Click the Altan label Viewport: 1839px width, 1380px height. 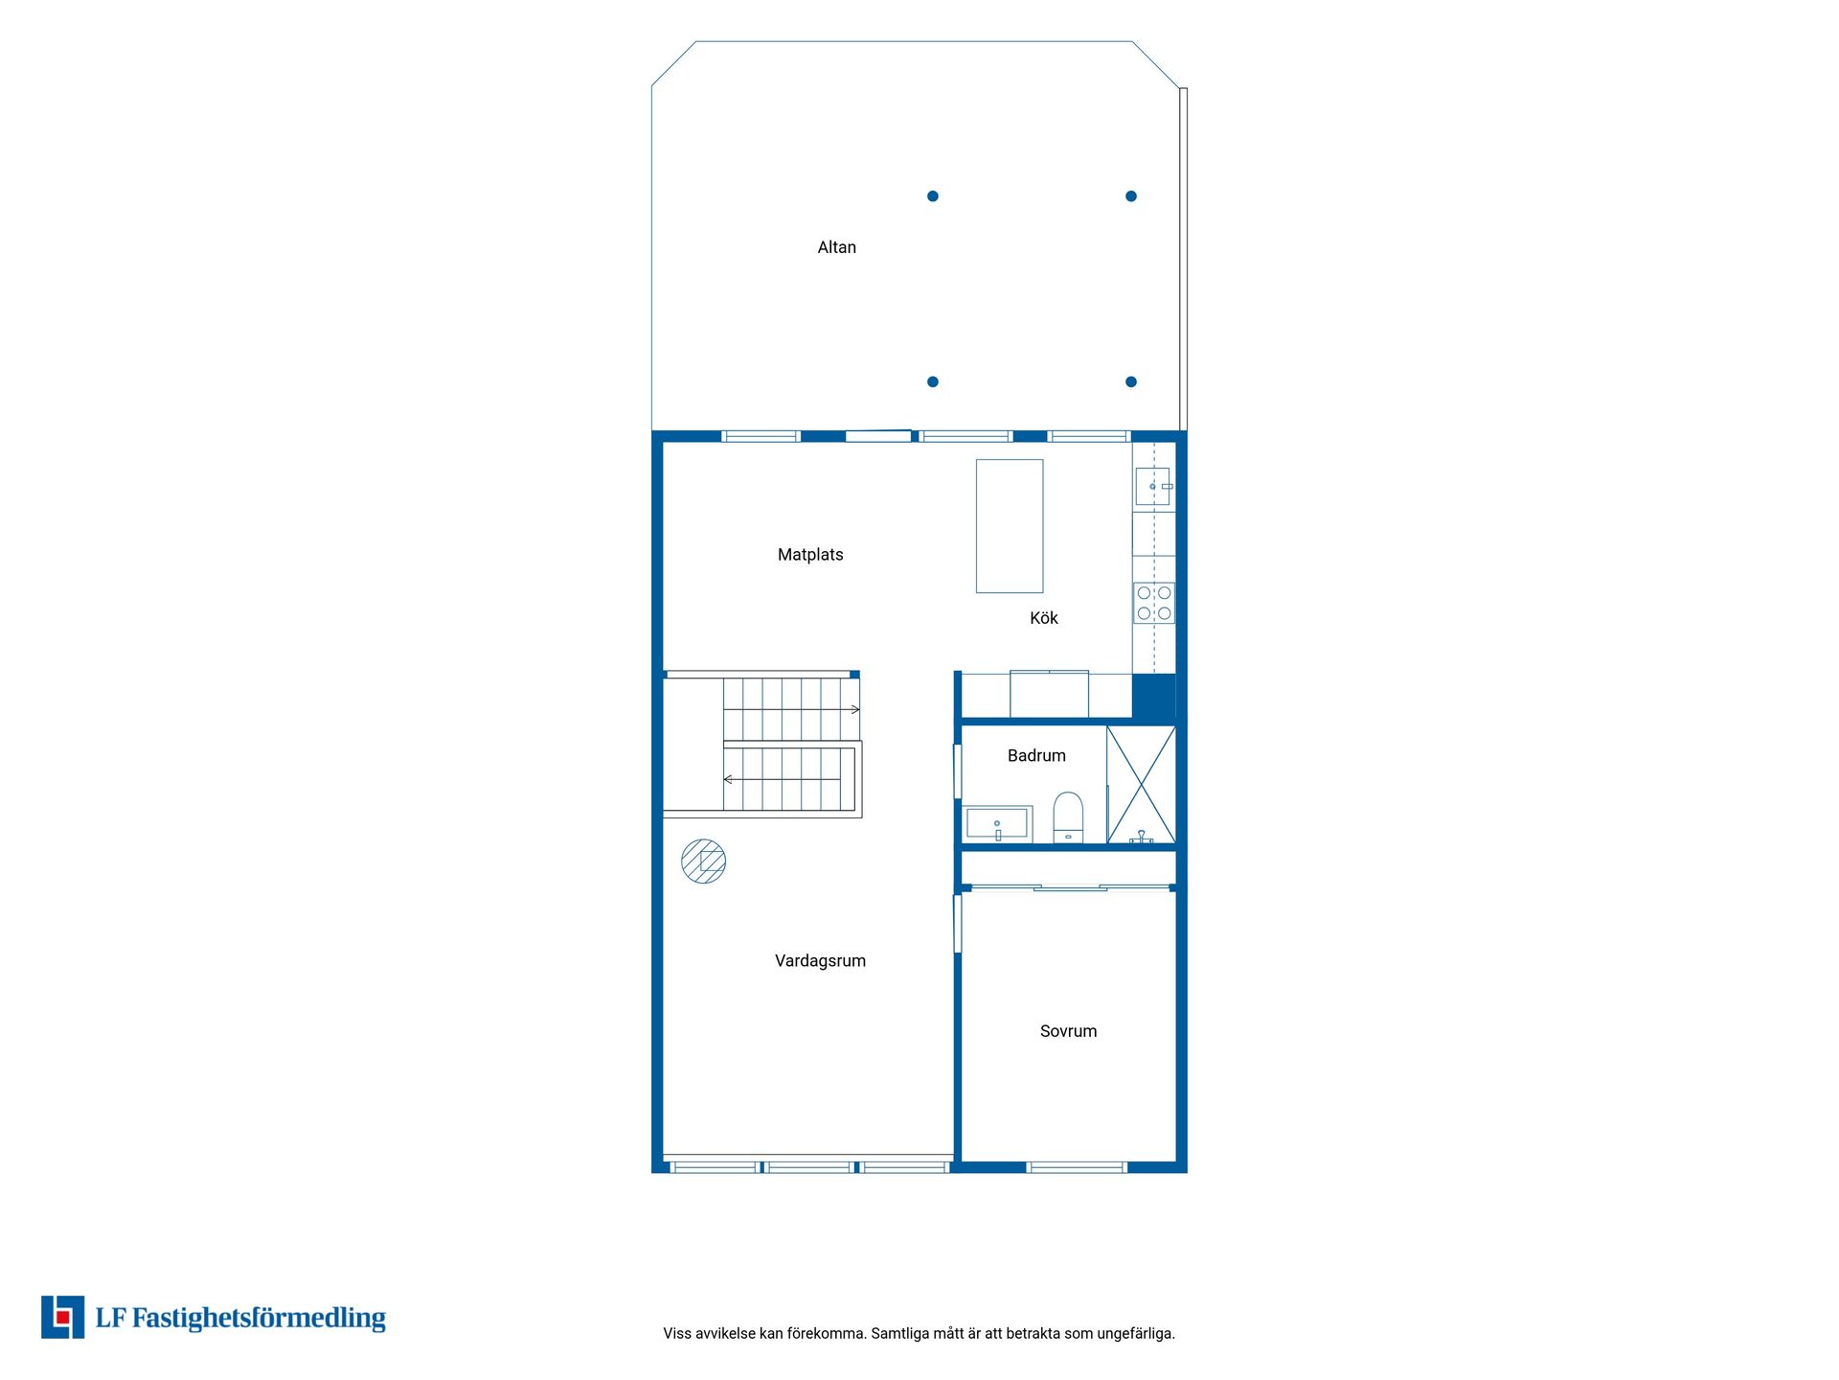coord(836,247)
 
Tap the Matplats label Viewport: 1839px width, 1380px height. coord(810,555)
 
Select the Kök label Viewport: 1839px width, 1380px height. coord(1044,618)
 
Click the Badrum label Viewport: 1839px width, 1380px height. coord(1036,755)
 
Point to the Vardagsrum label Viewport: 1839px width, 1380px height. coord(820,961)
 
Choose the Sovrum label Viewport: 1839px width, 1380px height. coord(1068,1031)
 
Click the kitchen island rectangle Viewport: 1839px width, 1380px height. coord(1010,526)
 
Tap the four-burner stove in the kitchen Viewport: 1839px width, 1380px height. coord(1153,603)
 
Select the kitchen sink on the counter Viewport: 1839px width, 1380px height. coord(1153,487)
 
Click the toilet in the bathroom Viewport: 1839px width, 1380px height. coord(1068,817)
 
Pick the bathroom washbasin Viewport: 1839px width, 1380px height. coord(997,824)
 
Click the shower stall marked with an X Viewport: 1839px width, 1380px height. coord(1141,785)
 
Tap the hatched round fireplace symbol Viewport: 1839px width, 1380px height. coord(704,861)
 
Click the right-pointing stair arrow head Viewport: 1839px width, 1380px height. coord(855,709)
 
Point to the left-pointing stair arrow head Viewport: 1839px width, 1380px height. coord(728,779)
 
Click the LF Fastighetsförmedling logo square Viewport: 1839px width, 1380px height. coord(62,1317)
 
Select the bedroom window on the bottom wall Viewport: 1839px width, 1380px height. coord(1077,1167)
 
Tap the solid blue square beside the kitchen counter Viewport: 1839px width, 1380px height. coord(1154,697)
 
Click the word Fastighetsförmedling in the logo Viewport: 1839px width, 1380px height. coord(259,1319)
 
